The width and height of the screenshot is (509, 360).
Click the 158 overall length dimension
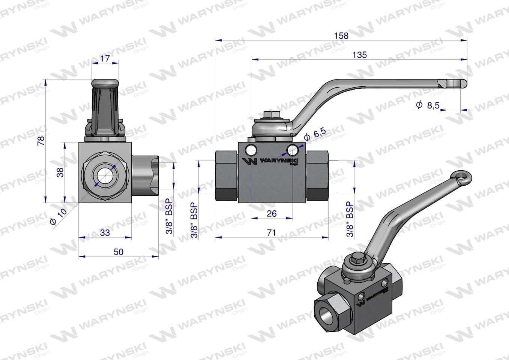pyautogui.click(x=341, y=36)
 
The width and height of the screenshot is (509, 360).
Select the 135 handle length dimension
pyautogui.click(x=360, y=55)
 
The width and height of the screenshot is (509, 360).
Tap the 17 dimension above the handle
pyautogui.click(x=105, y=58)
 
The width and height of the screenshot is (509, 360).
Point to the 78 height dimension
pyautogui.click(x=41, y=141)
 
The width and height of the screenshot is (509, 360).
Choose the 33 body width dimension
pyautogui.click(x=105, y=233)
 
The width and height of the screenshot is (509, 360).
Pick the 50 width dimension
pyautogui.click(x=119, y=252)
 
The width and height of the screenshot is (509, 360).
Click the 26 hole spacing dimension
pyautogui.click(x=272, y=213)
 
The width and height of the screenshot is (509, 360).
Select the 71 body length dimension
pyautogui.click(x=271, y=232)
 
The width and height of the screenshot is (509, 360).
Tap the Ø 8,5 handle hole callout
pyautogui.click(x=428, y=105)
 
